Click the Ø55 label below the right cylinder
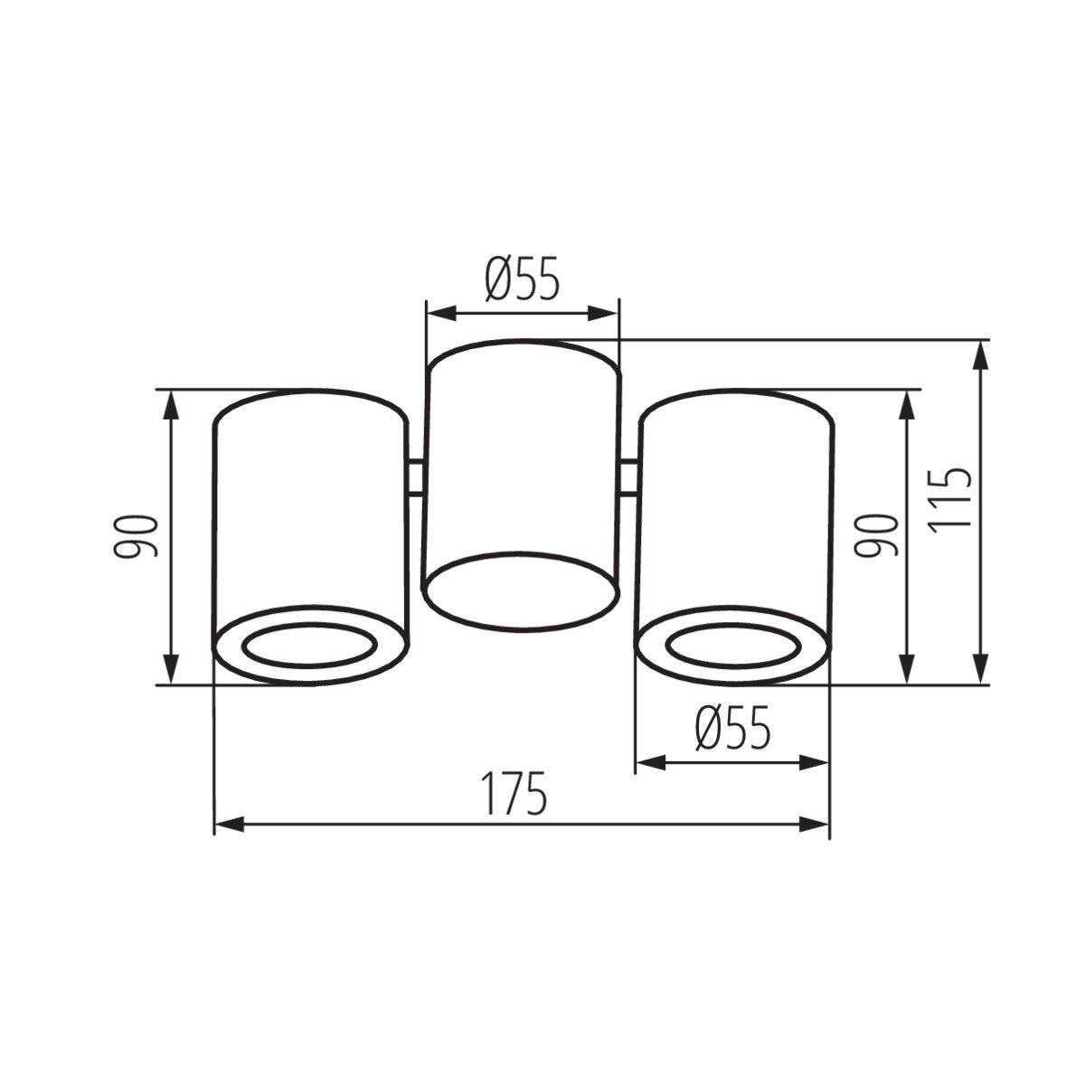pyautogui.click(x=732, y=729)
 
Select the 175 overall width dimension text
pyautogui.click(x=514, y=793)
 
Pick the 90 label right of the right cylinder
pyautogui.click(x=879, y=536)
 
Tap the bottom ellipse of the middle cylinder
pyautogui.click(x=522, y=588)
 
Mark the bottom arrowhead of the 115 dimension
pyautogui.click(x=979, y=670)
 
